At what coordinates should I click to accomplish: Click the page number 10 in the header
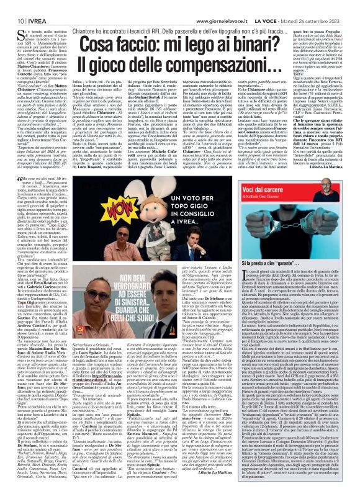pos(11,6)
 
